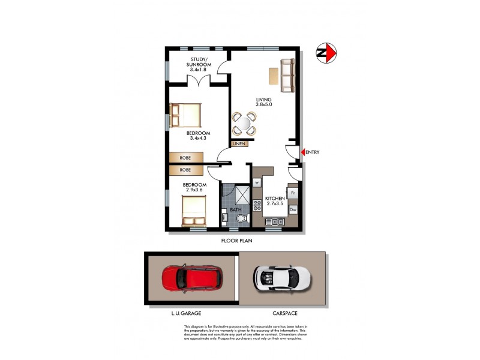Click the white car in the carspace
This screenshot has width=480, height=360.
pos(282,277)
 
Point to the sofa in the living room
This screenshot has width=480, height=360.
pos(288,75)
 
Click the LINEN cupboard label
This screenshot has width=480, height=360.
pos(240,144)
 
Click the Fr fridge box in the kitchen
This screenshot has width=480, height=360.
pos(293,193)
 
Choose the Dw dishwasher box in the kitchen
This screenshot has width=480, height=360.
pos(293,209)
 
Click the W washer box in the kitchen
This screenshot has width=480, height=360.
pos(256,182)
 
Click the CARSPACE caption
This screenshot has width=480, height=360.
pos(284,314)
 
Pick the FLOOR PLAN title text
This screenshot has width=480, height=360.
pos(237,241)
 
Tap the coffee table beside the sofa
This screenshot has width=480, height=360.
pos(273,76)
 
